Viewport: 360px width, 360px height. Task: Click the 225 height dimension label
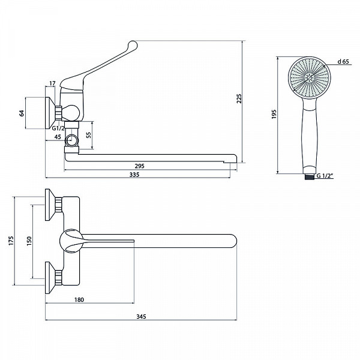pyautogui.click(x=239, y=98)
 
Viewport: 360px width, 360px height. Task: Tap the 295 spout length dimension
pyautogui.click(x=140, y=166)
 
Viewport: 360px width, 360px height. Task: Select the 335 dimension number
pyautogui.click(x=134, y=175)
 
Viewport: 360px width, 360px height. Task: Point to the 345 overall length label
pyautogui.click(x=141, y=317)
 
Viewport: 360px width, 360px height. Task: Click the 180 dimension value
pyautogui.click(x=79, y=299)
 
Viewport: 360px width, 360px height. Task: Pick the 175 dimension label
pyautogui.click(x=11, y=241)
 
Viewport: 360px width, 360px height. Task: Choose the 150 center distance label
pyautogui.click(x=29, y=241)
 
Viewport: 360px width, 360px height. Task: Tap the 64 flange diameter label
pyautogui.click(x=22, y=113)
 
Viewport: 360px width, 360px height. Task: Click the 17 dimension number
pyautogui.click(x=52, y=83)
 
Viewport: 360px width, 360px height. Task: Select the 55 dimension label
pyautogui.click(x=89, y=135)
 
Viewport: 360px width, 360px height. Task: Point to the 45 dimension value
pyautogui.click(x=58, y=137)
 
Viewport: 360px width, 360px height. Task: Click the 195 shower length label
pyautogui.click(x=274, y=114)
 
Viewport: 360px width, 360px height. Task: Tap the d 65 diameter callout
pyautogui.click(x=343, y=62)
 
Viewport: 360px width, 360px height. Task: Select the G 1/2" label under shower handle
pyautogui.click(x=325, y=176)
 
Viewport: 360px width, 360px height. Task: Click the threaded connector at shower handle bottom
pyautogui.click(x=309, y=176)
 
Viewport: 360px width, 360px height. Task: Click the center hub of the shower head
pyautogui.click(x=309, y=78)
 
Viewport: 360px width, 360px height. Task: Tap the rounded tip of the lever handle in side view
pyautogui.click(x=133, y=45)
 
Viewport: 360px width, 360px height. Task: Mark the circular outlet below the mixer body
pyautogui.click(x=72, y=140)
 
